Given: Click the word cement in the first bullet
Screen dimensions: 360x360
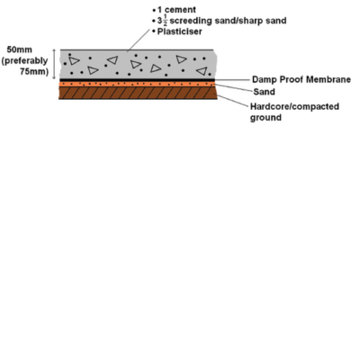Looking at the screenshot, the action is click(180, 10).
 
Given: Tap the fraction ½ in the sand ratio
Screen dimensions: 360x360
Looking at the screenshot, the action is click(165, 20).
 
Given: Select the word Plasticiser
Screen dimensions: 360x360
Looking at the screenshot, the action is click(179, 31).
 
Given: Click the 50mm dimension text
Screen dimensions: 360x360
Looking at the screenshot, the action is click(19, 49).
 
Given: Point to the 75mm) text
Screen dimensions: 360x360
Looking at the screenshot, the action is click(34, 72).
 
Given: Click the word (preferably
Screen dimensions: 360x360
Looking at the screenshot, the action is click(24, 61).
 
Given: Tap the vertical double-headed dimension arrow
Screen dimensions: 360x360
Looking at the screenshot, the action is click(54, 64).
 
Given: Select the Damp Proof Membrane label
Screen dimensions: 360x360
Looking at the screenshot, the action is click(301, 79).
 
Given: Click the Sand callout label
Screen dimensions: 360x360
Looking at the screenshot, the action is click(264, 92).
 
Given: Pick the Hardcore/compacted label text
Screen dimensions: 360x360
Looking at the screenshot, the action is click(294, 106).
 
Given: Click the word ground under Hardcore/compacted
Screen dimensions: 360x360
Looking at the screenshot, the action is click(265, 117).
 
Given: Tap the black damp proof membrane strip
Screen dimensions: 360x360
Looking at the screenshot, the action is click(138, 80).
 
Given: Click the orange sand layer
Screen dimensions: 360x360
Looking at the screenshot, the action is click(138, 84).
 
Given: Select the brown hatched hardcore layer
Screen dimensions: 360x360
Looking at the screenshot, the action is click(138, 93).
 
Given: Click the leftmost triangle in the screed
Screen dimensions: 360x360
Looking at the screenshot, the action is click(74, 61).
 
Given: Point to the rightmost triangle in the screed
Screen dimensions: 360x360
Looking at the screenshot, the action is click(202, 71).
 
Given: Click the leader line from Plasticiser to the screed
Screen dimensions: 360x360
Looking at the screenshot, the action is click(139, 40).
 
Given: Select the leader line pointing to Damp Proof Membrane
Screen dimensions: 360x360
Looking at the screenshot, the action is click(232, 80).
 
